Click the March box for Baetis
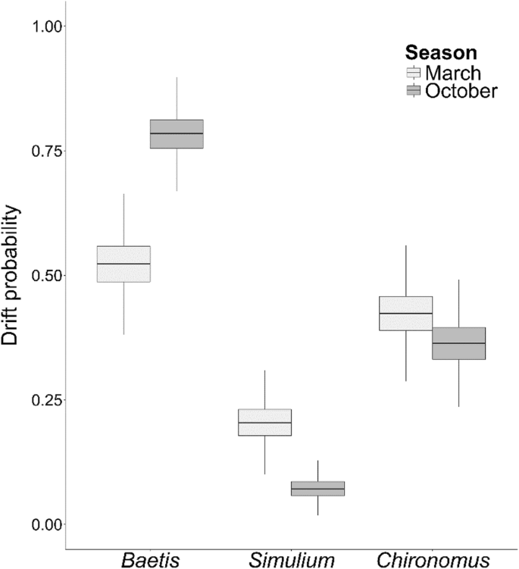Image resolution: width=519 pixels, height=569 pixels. click(123, 264)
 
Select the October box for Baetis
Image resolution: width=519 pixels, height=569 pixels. click(177, 133)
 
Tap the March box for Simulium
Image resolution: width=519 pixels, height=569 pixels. click(264, 422)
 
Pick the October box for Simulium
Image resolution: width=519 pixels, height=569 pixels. click(318, 489)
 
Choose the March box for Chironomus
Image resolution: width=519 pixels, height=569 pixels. click(406, 313)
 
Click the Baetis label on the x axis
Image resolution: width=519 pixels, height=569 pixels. click(151, 560)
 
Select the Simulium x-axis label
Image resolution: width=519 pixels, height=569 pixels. click(292, 560)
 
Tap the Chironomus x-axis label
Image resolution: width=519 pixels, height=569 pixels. click(433, 560)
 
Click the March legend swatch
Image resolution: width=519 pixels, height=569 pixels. click(414, 73)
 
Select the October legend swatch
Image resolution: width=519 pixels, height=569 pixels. click(414, 91)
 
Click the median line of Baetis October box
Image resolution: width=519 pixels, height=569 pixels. click(177, 133)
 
